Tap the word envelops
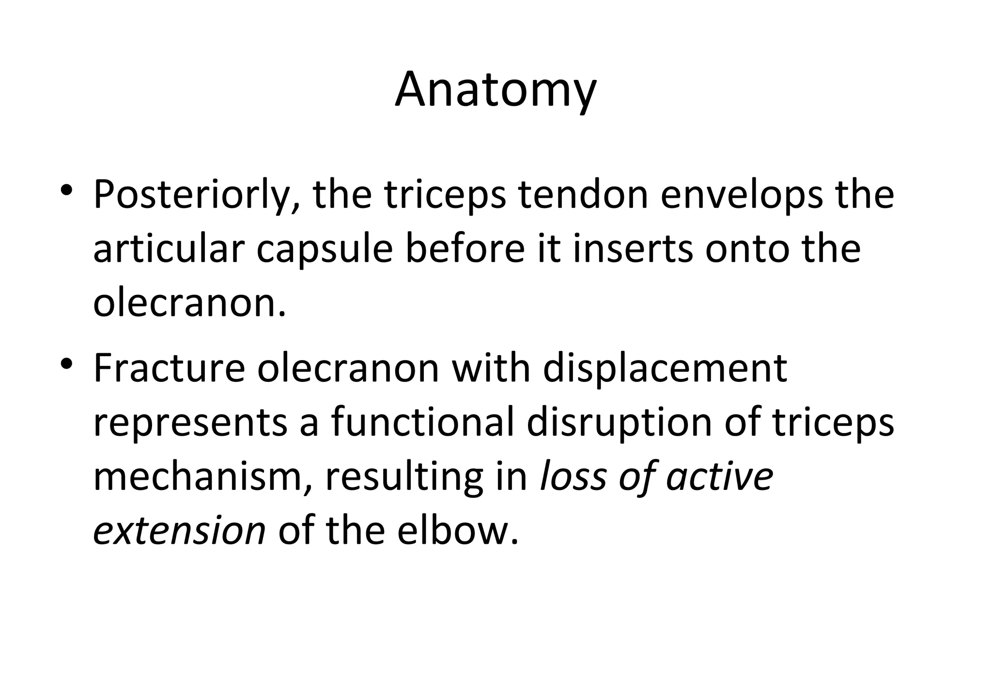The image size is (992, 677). pos(741,195)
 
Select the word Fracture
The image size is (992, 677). pos(169,369)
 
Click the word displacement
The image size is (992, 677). pos(665,370)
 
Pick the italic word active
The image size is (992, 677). pos(720,477)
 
